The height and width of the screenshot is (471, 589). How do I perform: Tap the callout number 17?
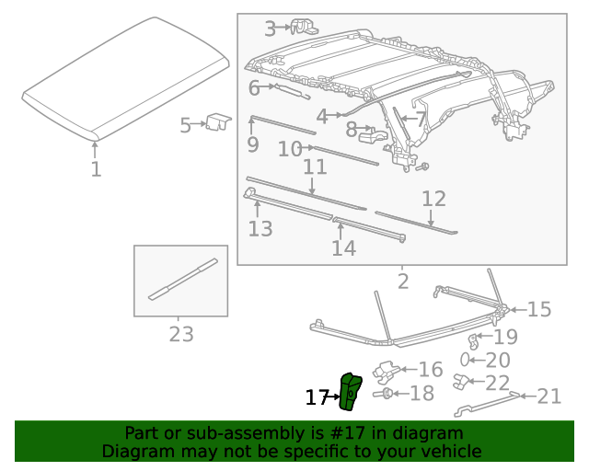(317, 397)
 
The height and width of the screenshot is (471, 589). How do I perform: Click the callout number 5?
(185, 125)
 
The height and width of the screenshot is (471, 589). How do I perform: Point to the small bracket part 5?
(217, 121)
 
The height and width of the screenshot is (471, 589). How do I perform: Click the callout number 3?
(270, 29)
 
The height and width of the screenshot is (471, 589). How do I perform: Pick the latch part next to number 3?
(304, 27)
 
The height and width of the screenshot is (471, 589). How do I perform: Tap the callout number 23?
(181, 334)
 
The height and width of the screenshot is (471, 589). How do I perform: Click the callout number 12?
(433, 199)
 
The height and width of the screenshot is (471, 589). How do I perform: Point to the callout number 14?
(343, 248)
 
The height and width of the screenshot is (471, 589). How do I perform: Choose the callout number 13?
(260, 229)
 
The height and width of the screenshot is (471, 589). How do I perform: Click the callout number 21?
(549, 396)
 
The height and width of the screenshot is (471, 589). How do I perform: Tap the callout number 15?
(538, 309)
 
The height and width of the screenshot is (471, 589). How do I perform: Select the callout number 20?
(497, 361)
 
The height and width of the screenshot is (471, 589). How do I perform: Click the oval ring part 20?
(467, 360)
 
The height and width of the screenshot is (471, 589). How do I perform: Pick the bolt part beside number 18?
(387, 395)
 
